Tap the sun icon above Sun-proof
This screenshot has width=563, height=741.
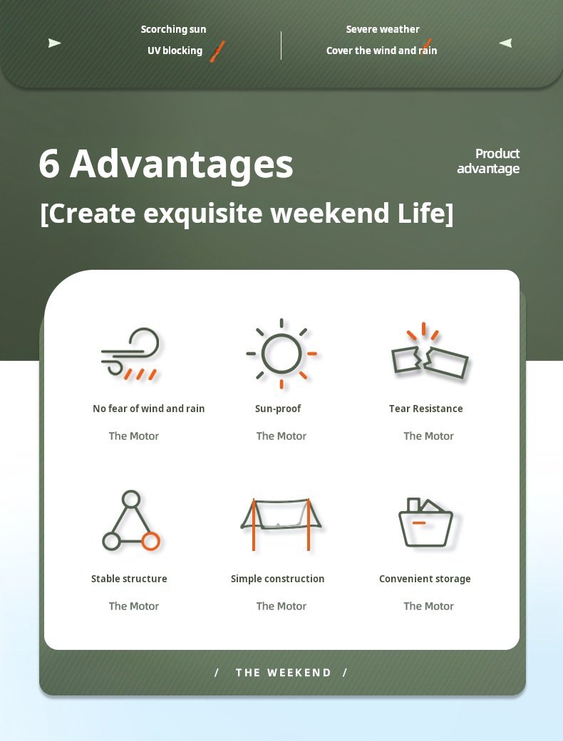(281, 354)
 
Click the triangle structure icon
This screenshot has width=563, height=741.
(131, 521)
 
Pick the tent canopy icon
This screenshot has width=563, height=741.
(281, 524)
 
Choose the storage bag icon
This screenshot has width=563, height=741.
(425, 522)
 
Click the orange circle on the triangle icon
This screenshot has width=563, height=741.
(150, 541)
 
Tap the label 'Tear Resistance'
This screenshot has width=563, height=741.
(425, 409)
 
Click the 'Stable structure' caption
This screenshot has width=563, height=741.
(129, 579)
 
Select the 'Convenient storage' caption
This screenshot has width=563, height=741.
(425, 579)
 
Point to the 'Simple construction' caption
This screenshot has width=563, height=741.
(278, 579)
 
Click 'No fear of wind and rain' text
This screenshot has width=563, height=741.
(148, 409)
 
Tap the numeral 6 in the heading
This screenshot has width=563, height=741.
(49, 164)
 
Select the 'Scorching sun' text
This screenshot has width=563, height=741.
(174, 29)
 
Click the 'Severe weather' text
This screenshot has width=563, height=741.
(383, 29)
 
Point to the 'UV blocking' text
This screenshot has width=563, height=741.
(175, 51)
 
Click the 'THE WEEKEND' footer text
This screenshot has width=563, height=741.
(284, 673)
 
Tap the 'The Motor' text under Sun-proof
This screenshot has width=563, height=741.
(281, 436)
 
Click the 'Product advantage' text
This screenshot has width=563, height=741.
(488, 161)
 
